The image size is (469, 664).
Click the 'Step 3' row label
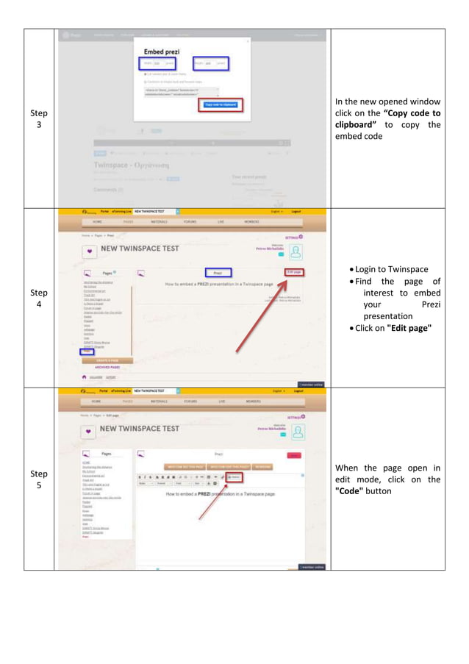click(38, 119)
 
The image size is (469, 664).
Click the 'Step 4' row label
click(38, 298)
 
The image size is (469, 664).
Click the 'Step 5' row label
click(38, 479)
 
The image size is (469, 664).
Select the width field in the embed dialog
click(157, 64)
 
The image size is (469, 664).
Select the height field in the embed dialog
click(210, 64)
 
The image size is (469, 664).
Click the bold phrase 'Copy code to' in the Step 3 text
click(412, 113)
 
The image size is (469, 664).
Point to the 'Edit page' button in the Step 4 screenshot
click(294, 272)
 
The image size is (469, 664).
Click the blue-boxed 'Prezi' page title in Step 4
click(218, 272)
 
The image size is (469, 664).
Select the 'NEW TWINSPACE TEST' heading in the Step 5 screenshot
click(139, 429)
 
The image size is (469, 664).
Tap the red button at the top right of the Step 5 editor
click(294, 456)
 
